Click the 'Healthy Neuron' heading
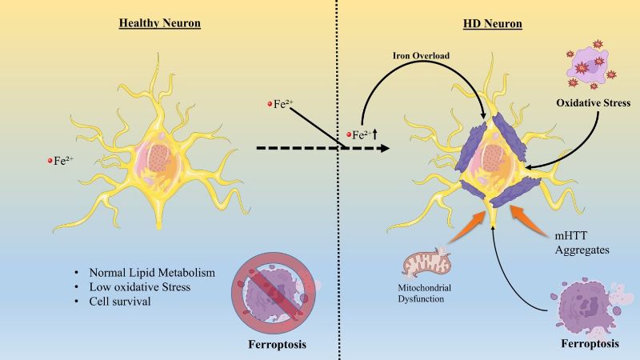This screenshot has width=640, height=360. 159,23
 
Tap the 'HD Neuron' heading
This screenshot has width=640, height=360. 492,24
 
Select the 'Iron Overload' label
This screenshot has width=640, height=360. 422,55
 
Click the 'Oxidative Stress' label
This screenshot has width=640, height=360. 593,102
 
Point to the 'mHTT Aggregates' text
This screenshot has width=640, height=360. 582,242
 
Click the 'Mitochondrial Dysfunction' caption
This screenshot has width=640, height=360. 425,293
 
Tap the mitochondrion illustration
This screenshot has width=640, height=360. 426,263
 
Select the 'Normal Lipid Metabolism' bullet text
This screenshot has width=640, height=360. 152,272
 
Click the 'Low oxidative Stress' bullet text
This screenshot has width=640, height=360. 139,286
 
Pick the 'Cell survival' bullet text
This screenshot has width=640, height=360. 120,302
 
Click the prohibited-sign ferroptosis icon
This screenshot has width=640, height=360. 274,293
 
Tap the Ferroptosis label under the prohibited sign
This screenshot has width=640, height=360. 277,345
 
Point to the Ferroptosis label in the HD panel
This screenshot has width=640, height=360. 590,344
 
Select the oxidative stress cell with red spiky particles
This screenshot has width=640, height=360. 590,65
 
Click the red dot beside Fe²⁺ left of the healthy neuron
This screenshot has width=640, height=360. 50,161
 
